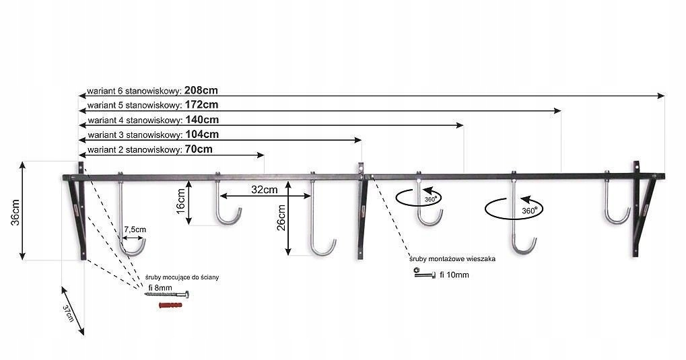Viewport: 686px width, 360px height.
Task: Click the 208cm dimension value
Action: [x=201, y=89]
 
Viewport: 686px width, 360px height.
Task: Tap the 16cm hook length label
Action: [x=180, y=201]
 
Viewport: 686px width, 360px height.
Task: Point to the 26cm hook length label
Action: [x=281, y=217]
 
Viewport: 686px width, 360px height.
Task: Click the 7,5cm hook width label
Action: [x=134, y=229]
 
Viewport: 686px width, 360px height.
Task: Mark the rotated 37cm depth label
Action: [x=69, y=314]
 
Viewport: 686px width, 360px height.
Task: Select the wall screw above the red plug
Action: [x=168, y=295]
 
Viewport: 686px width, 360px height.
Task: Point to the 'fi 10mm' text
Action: [x=454, y=275]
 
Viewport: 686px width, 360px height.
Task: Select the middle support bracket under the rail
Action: [x=362, y=213]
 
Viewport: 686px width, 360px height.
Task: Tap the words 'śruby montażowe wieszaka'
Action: [x=448, y=258]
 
